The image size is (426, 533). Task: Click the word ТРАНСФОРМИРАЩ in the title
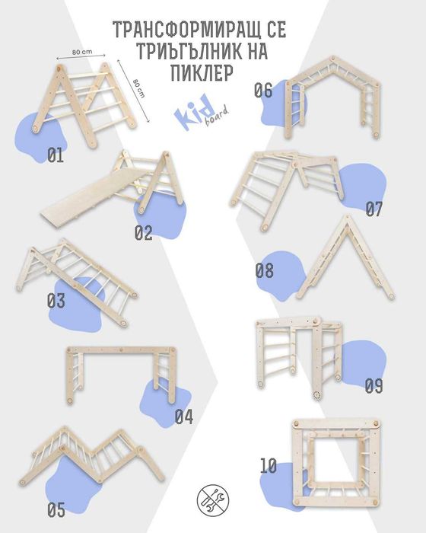click(x=188, y=30)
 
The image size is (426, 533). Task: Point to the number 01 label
click(x=56, y=155)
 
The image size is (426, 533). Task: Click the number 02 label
click(x=143, y=233)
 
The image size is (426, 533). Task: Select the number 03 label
click(x=56, y=301)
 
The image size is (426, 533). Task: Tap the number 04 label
click(x=184, y=417)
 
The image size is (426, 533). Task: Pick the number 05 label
click(x=56, y=510)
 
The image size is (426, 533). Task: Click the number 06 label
click(x=263, y=91)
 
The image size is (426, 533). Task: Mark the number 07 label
click(x=374, y=209)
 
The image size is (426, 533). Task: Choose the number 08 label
click(x=264, y=270)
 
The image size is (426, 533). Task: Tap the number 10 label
click(x=269, y=466)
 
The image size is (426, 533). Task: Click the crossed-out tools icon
click(x=213, y=500)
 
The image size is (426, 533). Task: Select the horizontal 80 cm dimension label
click(x=82, y=52)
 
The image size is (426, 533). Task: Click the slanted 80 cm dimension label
click(x=138, y=88)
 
